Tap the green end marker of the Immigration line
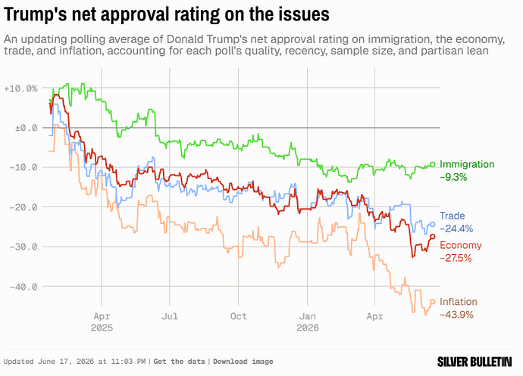point(433,164)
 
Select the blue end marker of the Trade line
point(433,225)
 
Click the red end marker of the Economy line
point(433,237)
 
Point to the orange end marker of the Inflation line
point(433,302)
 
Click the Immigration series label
point(467,164)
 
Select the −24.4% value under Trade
point(456,228)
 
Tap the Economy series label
point(461,245)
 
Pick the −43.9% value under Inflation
point(456,315)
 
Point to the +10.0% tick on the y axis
point(20,89)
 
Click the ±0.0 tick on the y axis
point(26,128)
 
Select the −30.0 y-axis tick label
point(23,247)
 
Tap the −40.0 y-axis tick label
point(23,287)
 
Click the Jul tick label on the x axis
point(170,316)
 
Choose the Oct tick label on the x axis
point(239,316)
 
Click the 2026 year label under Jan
point(308,328)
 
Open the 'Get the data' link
point(179,362)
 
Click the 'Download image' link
point(243,362)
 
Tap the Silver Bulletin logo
point(474,362)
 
